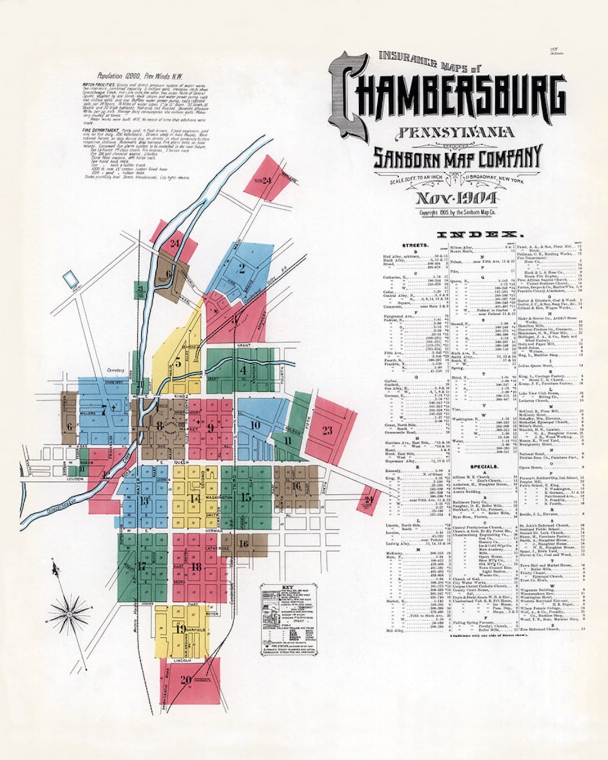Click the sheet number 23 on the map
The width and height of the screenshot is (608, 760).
coord(327,431)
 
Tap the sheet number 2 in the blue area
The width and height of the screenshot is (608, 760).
coord(242,268)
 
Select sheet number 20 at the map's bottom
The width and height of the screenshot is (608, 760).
coord(185,679)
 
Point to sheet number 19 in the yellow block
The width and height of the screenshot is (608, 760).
coord(181,629)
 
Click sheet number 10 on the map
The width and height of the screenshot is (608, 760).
coord(255,424)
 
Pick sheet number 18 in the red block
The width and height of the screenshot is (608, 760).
coord(196,566)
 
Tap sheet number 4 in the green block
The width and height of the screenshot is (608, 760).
coord(243,370)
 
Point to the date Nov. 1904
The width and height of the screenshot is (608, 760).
coord(456,198)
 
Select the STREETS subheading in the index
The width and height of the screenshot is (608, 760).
coord(415,245)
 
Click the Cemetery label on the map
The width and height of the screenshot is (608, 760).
coord(116,370)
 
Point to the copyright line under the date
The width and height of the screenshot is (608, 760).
coord(457,213)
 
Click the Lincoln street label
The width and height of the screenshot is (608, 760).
coord(182,659)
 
